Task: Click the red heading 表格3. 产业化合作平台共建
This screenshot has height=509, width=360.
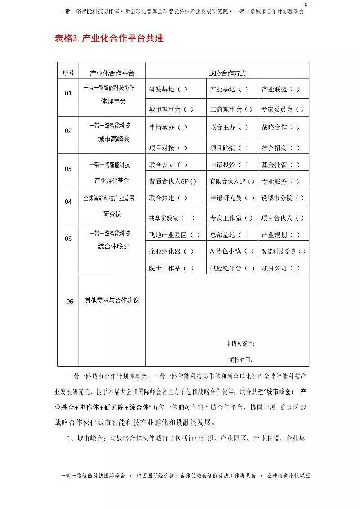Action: [109, 38]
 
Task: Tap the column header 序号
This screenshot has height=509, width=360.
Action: [68, 73]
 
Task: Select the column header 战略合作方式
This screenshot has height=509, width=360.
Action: [227, 73]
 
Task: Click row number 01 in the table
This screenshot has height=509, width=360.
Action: [68, 94]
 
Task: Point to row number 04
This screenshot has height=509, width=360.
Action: [68, 202]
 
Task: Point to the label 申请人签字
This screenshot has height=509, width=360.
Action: [241, 344]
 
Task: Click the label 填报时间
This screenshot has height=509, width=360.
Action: [241, 360]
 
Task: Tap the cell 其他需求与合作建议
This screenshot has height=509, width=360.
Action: [112, 301]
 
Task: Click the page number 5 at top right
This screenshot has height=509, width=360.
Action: [307, 4]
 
